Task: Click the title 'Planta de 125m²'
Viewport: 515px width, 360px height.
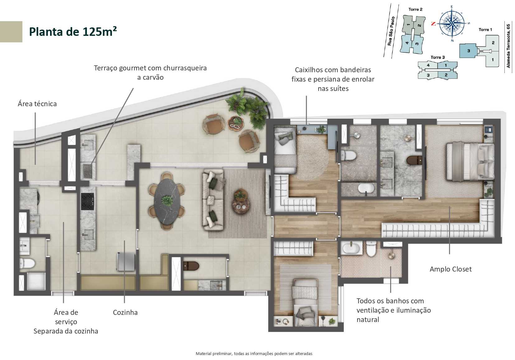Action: pos(73,31)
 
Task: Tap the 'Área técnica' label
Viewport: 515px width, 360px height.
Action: pos(37,104)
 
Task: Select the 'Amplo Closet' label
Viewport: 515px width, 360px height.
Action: pos(450,269)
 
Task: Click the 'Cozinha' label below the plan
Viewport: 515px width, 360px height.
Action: pos(125,312)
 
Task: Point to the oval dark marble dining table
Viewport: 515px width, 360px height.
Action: pos(167,201)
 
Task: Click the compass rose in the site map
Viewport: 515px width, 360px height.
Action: pos(452,23)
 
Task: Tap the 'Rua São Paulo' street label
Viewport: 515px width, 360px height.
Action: pos(391,31)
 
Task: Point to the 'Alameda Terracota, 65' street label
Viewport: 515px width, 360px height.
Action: pos(508,46)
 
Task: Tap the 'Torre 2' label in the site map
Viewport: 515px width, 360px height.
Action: pos(415,9)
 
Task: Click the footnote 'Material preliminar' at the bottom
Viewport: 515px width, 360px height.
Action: pos(254,353)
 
